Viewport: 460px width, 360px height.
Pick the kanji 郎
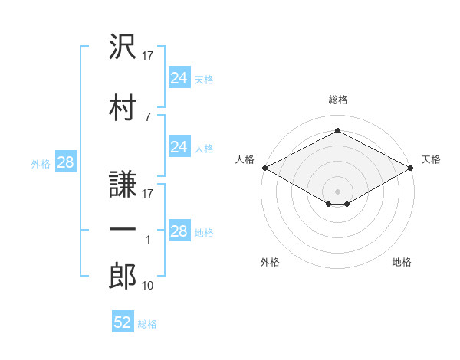pos(123,277)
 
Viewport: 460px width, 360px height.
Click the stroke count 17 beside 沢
pos(149,55)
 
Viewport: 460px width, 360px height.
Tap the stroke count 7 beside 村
pos(148,116)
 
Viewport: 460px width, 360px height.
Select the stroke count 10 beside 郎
pos(149,286)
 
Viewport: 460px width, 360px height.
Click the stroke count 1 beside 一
pos(148,240)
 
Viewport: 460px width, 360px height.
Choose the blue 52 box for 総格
pos(123,322)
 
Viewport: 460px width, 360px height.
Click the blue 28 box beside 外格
pos(65,162)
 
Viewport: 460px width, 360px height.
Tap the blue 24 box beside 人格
pos(179,147)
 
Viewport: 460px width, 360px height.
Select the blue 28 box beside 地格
pos(179,231)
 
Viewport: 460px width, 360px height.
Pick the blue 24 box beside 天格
pos(179,77)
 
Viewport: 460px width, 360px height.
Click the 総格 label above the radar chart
pos(338,100)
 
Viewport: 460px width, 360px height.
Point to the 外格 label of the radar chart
pos(270,262)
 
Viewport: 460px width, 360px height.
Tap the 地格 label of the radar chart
pos(402,262)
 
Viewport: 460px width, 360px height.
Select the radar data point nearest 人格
pos(264,168)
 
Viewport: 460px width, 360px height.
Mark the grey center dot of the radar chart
pos(337,190)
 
